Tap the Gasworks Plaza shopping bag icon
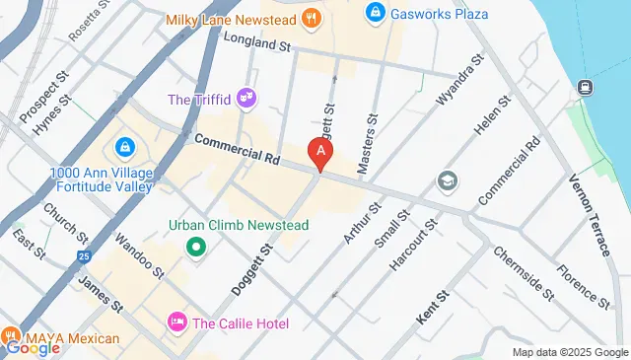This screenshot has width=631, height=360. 374,13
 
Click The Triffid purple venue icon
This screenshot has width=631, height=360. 246,98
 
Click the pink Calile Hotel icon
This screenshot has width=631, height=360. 178,322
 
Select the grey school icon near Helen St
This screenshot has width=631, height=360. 447,181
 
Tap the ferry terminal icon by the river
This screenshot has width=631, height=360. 585,87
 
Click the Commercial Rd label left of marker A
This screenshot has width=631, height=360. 236,147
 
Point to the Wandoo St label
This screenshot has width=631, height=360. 137,253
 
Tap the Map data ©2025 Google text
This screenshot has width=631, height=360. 569,352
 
